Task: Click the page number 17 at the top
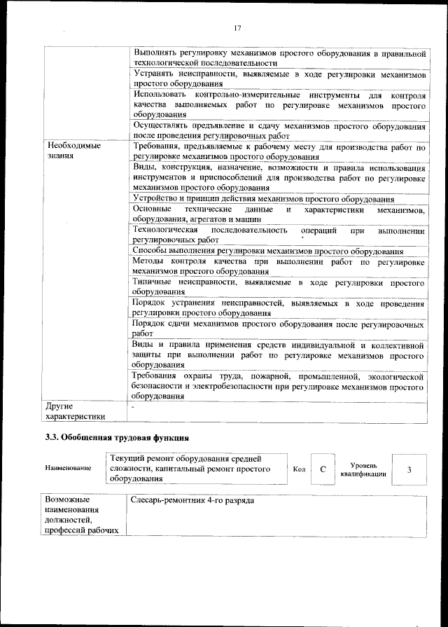click(237, 27)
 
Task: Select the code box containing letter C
click(323, 469)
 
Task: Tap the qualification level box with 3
click(409, 469)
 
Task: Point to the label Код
click(298, 469)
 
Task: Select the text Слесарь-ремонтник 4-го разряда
click(192, 502)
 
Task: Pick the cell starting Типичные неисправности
click(278, 287)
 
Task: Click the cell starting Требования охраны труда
click(278, 385)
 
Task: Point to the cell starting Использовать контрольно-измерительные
click(278, 104)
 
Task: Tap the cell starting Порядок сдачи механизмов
click(278, 330)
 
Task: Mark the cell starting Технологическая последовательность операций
click(278, 235)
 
